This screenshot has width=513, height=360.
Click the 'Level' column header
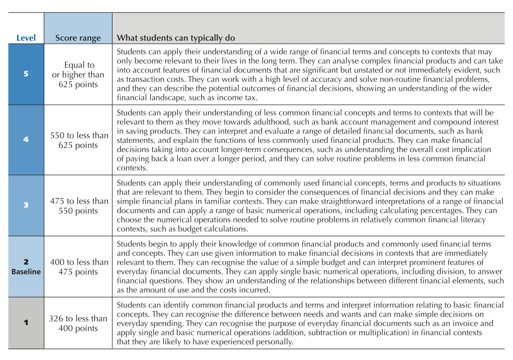pos(26,38)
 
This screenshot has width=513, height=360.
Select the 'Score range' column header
pos(78,38)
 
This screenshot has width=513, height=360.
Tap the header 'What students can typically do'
pos(176,38)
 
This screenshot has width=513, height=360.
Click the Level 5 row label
pos(26,73)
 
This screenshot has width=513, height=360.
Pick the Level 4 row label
pos(26,140)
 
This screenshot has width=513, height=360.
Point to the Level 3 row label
pos(26,205)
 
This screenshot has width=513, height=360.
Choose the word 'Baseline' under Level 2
pos(26,271)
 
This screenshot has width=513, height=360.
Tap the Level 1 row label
pos(26,323)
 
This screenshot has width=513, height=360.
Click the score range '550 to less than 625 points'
pos(79,140)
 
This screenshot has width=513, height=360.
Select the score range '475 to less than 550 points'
pos(79,206)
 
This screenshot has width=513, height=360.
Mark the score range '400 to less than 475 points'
pos(79,267)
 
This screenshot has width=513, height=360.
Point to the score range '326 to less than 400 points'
pos(79,323)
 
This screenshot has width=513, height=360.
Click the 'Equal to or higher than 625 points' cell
pos(79,75)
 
